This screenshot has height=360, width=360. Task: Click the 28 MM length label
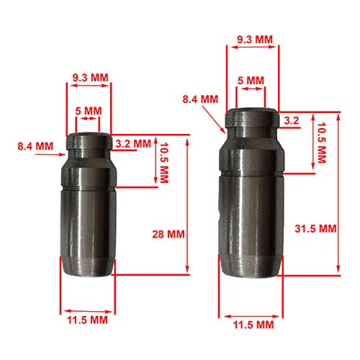168,234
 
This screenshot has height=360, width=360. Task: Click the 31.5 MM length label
315,229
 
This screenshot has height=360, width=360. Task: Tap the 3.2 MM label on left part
133,144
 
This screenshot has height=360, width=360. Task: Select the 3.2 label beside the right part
292,120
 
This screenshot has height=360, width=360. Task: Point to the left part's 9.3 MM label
91,78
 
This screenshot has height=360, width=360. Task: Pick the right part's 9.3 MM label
255,40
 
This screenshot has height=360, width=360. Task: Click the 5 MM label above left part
89,111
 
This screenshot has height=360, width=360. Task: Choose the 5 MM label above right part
251,81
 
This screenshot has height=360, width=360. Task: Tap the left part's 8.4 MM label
35,146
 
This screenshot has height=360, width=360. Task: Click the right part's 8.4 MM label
200,99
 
